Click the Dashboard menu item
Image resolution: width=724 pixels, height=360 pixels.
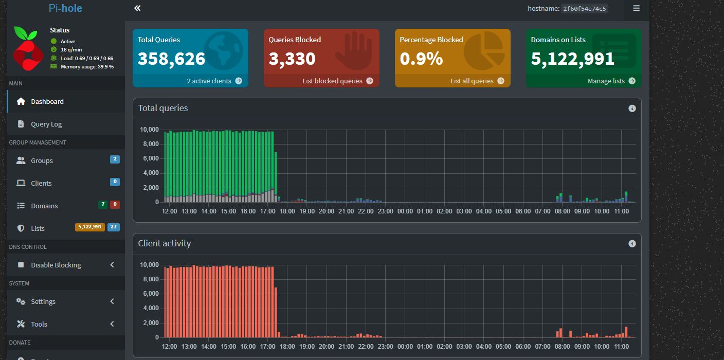(x=47, y=101)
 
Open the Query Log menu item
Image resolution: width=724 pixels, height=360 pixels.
(x=46, y=124)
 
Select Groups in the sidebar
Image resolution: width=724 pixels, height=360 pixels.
(x=42, y=160)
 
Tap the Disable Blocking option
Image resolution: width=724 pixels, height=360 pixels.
(x=56, y=265)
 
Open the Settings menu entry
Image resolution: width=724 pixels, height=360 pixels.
(x=43, y=301)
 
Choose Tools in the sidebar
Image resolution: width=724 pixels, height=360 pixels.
(x=39, y=324)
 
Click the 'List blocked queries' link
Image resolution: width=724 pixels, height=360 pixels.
(x=338, y=81)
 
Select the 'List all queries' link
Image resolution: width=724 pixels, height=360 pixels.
(x=477, y=81)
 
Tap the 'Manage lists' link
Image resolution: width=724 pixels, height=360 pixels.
(x=611, y=81)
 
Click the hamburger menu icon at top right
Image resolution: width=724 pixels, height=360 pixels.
(x=636, y=8)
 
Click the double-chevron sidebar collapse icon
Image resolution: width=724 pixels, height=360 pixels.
(x=137, y=8)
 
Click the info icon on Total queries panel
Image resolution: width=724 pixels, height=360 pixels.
(x=632, y=109)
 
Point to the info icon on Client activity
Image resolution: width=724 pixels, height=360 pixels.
(x=632, y=244)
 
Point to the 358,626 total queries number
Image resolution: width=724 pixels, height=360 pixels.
(x=171, y=59)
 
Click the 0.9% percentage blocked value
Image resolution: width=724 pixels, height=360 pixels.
(x=421, y=59)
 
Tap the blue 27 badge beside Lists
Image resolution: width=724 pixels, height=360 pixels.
(x=114, y=227)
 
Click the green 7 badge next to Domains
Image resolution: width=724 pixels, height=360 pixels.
(x=103, y=204)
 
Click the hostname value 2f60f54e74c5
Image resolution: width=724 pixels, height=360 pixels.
(x=584, y=8)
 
